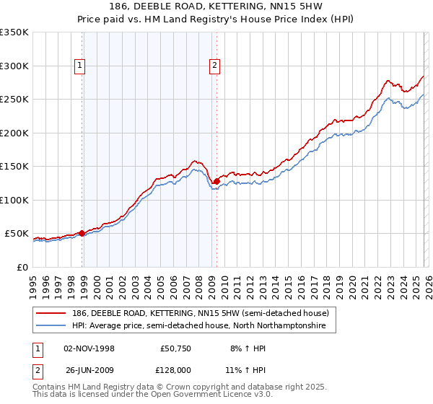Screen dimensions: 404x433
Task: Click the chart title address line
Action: pyautogui.click(x=216, y=6)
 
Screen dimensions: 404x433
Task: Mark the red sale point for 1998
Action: pyautogui.click(x=82, y=233)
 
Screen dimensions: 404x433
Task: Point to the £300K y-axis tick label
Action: pyautogui.click(x=14, y=66)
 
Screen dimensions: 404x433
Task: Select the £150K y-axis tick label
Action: pyautogui.click(x=14, y=166)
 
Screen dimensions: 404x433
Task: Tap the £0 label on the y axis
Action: pyautogui.click(x=21, y=267)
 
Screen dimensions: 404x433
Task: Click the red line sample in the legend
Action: pyautogui.click(x=52, y=313)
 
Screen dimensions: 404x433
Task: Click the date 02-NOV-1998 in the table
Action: pyautogui.click(x=89, y=348)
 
